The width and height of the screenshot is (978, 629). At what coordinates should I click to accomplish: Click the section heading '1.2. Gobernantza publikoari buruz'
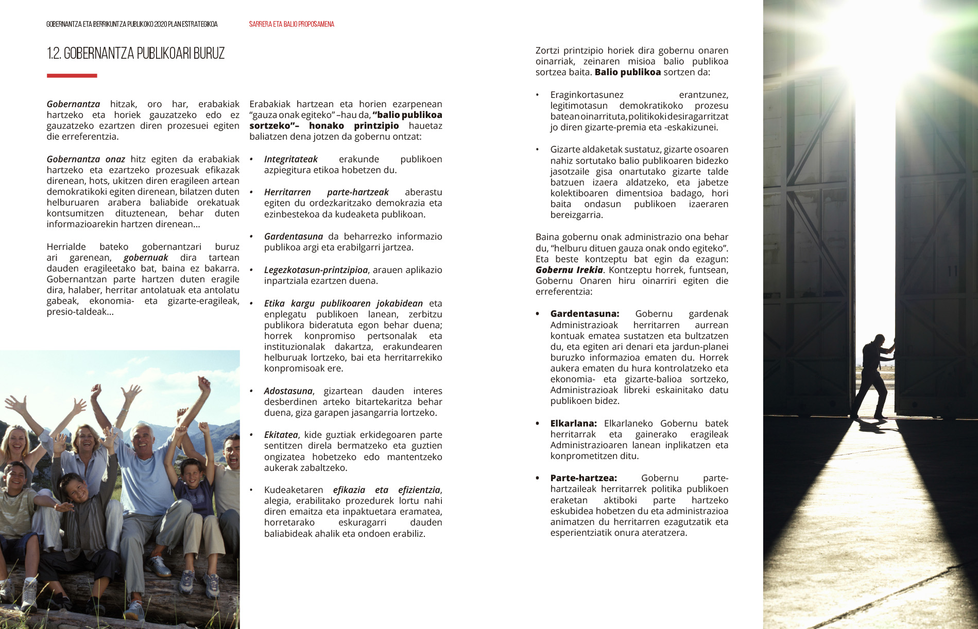(135, 54)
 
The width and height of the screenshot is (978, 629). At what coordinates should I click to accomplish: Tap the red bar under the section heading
(72, 76)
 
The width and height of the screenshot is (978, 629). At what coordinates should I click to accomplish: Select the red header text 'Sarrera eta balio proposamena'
(291, 24)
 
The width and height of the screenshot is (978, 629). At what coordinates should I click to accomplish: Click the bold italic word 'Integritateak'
(291, 159)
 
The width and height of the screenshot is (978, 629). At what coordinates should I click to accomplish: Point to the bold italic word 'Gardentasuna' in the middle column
(294, 236)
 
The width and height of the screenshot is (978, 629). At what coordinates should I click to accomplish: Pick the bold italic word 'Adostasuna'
(288, 391)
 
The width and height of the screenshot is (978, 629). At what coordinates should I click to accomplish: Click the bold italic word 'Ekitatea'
(281, 435)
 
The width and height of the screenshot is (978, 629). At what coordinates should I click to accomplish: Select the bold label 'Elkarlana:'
(573, 423)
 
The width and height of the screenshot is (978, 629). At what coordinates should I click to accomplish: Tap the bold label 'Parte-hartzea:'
(584, 478)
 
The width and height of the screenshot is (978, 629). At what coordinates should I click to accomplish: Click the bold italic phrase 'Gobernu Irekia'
(569, 270)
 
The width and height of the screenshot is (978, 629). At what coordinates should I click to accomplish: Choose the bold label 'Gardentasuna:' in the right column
(585, 314)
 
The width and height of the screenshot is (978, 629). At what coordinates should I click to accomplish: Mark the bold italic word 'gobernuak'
(146, 258)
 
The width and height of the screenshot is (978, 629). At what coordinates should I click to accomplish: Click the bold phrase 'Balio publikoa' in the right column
(627, 72)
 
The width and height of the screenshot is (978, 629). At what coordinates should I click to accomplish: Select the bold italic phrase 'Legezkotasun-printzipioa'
(316, 270)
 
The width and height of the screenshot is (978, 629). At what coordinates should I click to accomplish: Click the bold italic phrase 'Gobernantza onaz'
(86, 159)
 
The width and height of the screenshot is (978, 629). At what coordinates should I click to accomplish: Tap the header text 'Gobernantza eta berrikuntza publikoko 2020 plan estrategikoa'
(132, 24)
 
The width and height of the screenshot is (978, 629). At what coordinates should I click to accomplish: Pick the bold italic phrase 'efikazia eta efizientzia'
(387, 490)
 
